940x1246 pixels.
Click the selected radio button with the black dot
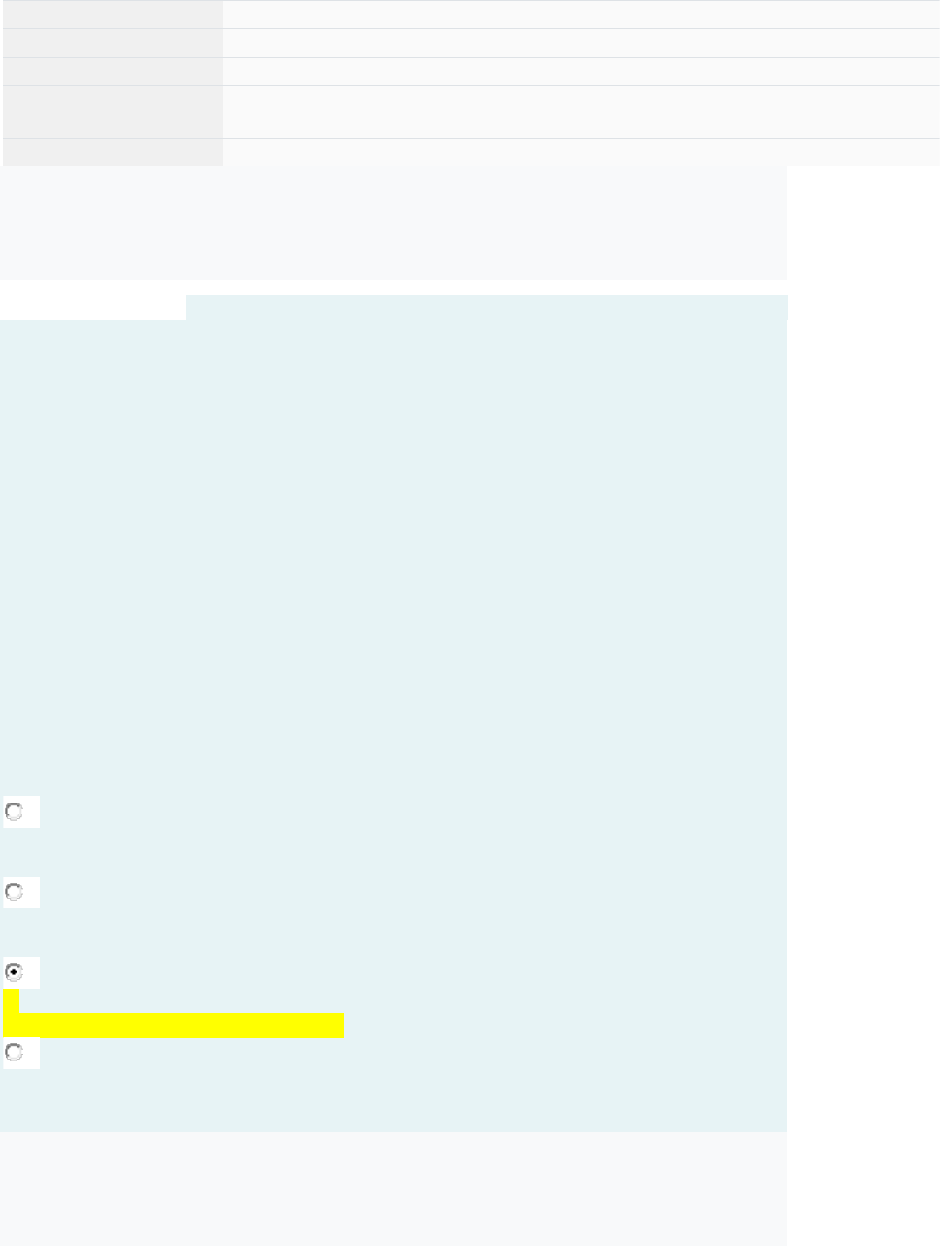tap(14, 971)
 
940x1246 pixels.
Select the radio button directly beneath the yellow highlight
tap(14, 1051)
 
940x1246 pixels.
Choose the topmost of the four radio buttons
tap(14, 812)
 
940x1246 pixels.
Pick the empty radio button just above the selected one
tap(14, 892)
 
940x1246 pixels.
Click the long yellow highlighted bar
tap(174, 1025)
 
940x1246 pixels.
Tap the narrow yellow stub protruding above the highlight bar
tap(11, 1001)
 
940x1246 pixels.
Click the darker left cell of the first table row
tap(112, 15)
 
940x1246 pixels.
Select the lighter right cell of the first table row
tap(581, 15)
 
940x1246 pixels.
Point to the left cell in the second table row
tap(112, 43)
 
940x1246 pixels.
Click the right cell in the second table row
tap(581, 43)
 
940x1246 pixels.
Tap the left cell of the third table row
tap(112, 72)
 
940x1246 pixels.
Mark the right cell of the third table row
tap(581, 72)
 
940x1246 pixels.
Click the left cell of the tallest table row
tap(112, 112)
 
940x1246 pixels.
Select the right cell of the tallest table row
tap(581, 112)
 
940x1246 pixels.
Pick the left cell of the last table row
tap(112, 152)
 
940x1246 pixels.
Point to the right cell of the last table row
tap(581, 152)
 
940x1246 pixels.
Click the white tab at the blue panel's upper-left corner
tap(93, 308)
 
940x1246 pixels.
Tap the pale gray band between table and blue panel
tap(393, 223)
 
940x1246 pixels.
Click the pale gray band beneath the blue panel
tap(393, 1188)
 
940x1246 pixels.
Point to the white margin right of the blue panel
tap(863, 643)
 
